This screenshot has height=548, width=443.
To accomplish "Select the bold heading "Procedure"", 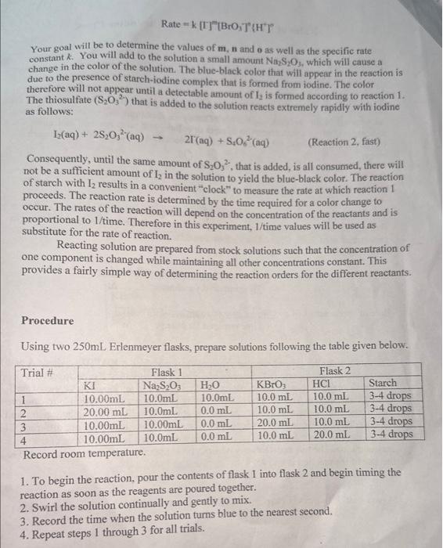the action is (x=48, y=321).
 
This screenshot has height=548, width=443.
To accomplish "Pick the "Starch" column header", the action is (x=382, y=384).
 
